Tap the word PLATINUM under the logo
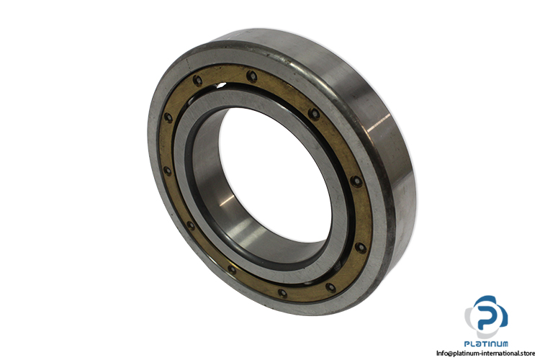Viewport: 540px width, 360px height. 486,344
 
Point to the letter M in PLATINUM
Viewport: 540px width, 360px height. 504,344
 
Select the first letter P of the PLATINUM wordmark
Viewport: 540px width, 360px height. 467,344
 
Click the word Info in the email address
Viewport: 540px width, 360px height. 442,353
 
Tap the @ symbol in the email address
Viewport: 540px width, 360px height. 450,353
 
